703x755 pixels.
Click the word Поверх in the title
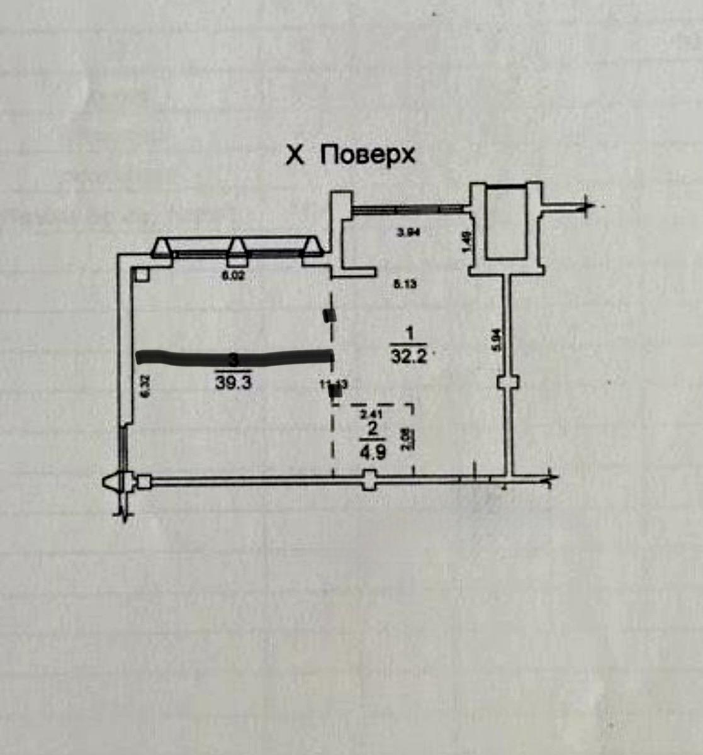point(368,155)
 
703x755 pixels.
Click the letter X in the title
point(295,155)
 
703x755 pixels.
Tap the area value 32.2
point(409,356)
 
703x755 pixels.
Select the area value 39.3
point(233,383)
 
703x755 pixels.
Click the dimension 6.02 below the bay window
point(233,276)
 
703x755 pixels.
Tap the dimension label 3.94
point(408,232)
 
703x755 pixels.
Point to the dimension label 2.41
point(370,415)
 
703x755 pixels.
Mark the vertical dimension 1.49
point(466,242)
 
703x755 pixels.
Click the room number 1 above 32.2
point(409,333)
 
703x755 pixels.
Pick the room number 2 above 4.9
point(373,429)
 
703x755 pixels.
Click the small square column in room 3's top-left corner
point(140,274)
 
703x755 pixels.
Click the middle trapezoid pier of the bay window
point(237,250)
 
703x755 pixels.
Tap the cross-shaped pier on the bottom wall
point(369,481)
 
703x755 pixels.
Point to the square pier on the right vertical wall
point(507,383)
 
